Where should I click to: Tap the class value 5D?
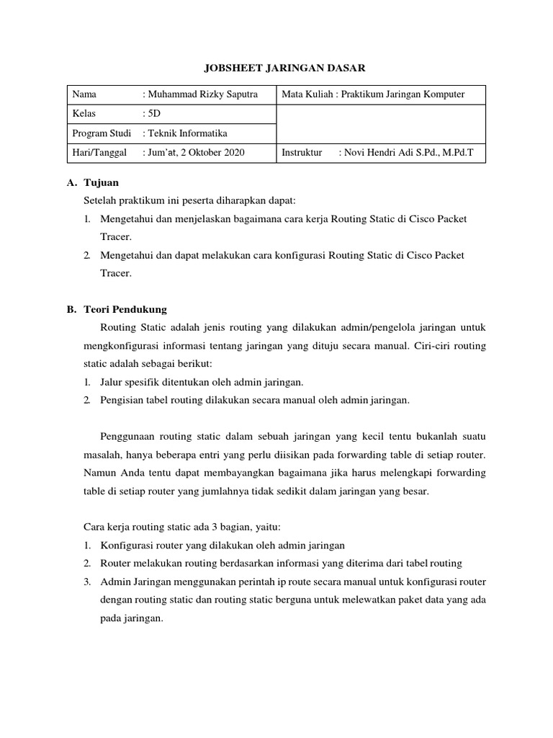(x=153, y=114)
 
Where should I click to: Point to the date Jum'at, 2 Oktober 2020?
(x=195, y=153)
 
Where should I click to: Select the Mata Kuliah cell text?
(x=373, y=94)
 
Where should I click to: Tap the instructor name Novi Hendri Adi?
(x=408, y=153)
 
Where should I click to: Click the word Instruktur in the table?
(x=302, y=153)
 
